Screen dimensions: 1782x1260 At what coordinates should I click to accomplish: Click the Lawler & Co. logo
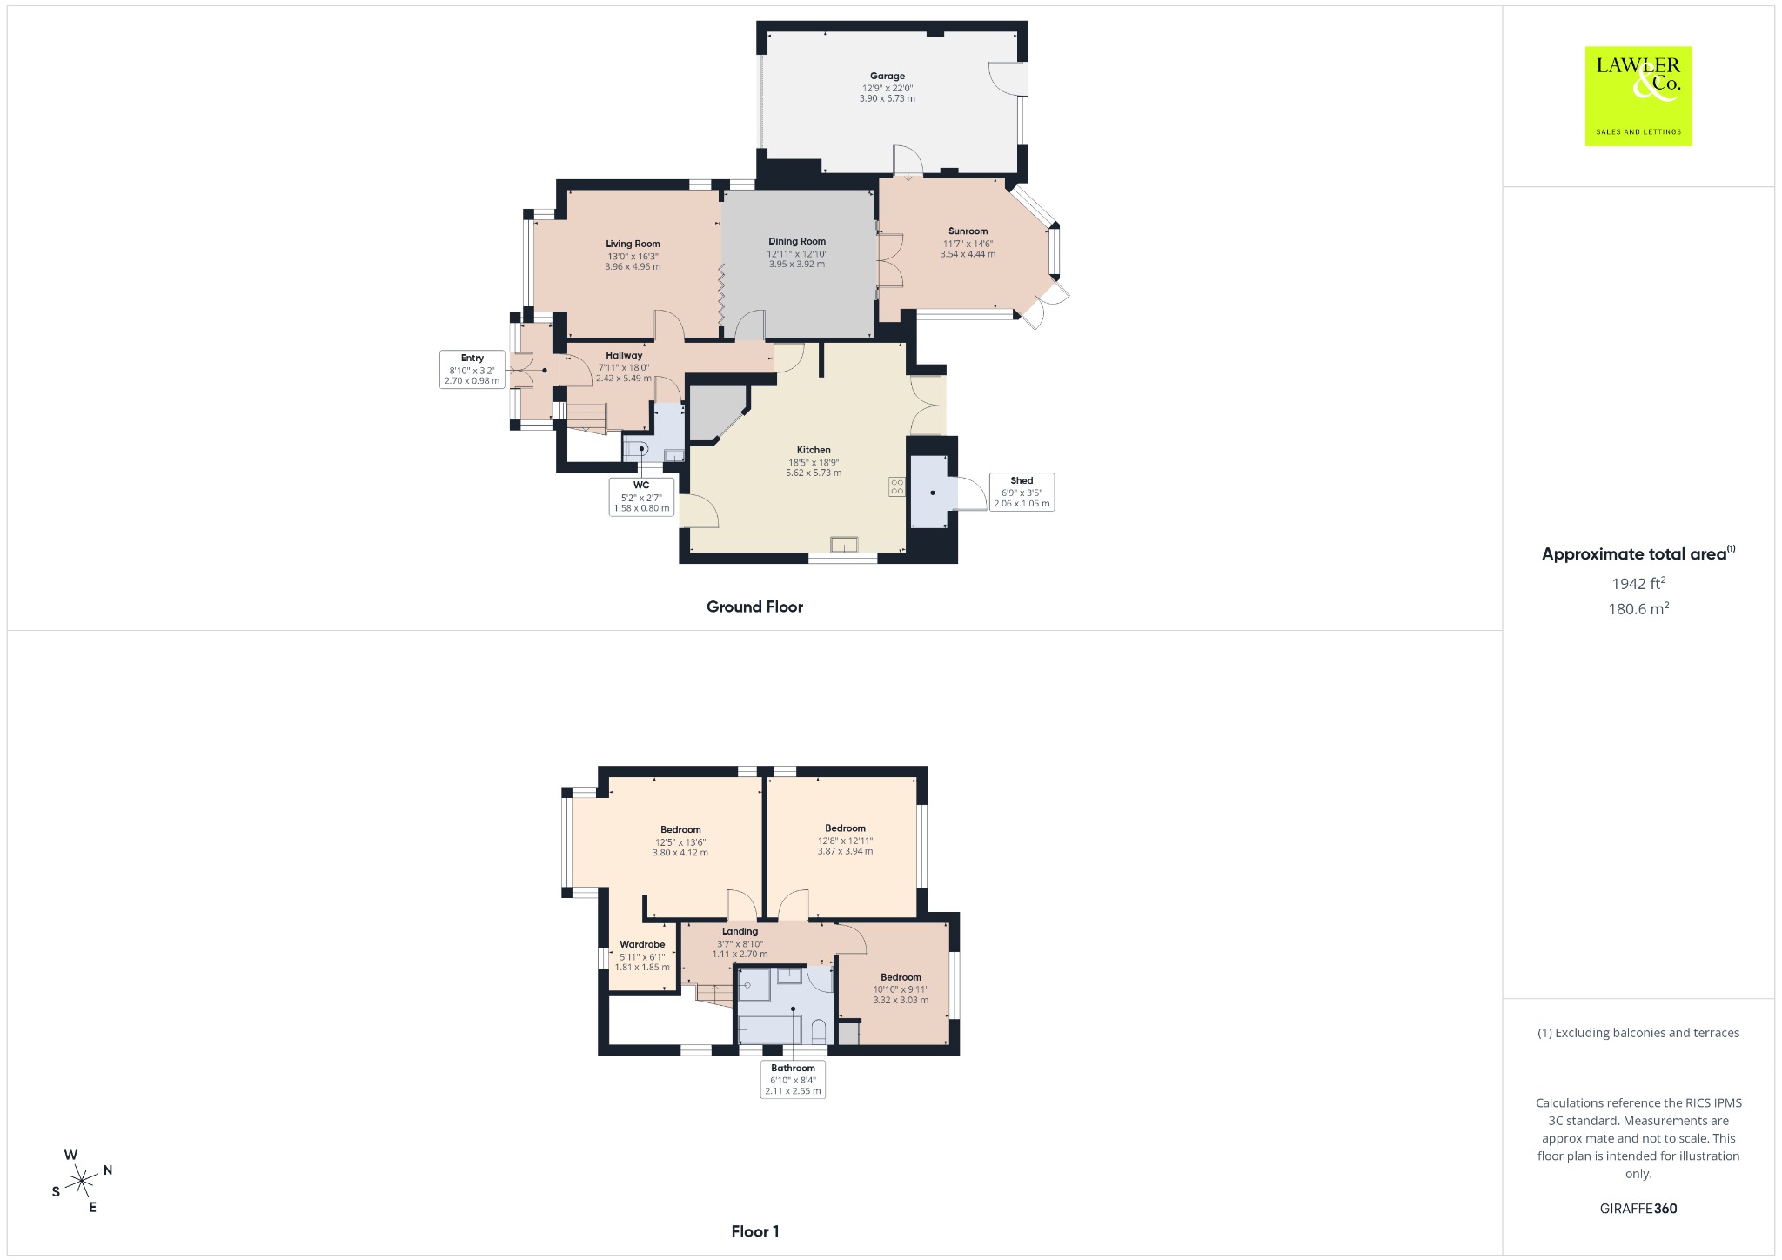point(1638,96)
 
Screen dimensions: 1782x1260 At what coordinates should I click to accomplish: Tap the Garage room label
point(888,77)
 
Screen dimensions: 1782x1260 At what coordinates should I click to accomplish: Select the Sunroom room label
point(968,231)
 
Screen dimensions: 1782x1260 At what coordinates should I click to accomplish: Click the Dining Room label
point(797,241)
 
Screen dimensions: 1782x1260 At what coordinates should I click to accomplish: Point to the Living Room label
point(633,245)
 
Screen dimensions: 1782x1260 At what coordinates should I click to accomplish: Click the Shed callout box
point(1022,492)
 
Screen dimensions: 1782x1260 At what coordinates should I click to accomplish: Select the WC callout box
point(641,497)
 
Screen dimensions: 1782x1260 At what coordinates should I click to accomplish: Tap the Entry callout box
point(472,369)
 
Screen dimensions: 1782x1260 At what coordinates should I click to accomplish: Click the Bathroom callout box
point(793,1079)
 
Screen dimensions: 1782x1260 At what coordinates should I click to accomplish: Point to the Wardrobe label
point(642,944)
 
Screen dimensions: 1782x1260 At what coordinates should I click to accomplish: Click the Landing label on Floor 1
point(740,931)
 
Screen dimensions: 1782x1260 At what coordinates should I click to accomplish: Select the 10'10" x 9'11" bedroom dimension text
point(901,989)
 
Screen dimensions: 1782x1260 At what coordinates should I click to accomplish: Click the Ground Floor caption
point(754,607)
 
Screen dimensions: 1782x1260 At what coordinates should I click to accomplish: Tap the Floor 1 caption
point(755,1231)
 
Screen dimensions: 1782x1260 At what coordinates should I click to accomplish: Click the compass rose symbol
point(82,1181)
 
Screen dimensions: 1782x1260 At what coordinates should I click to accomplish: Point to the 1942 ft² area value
point(1638,583)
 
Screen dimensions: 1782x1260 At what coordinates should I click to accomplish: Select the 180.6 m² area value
point(1638,608)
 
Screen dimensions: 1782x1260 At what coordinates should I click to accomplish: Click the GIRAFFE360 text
point(1638,1209)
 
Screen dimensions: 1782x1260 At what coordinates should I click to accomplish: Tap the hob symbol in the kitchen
point(896,487)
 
